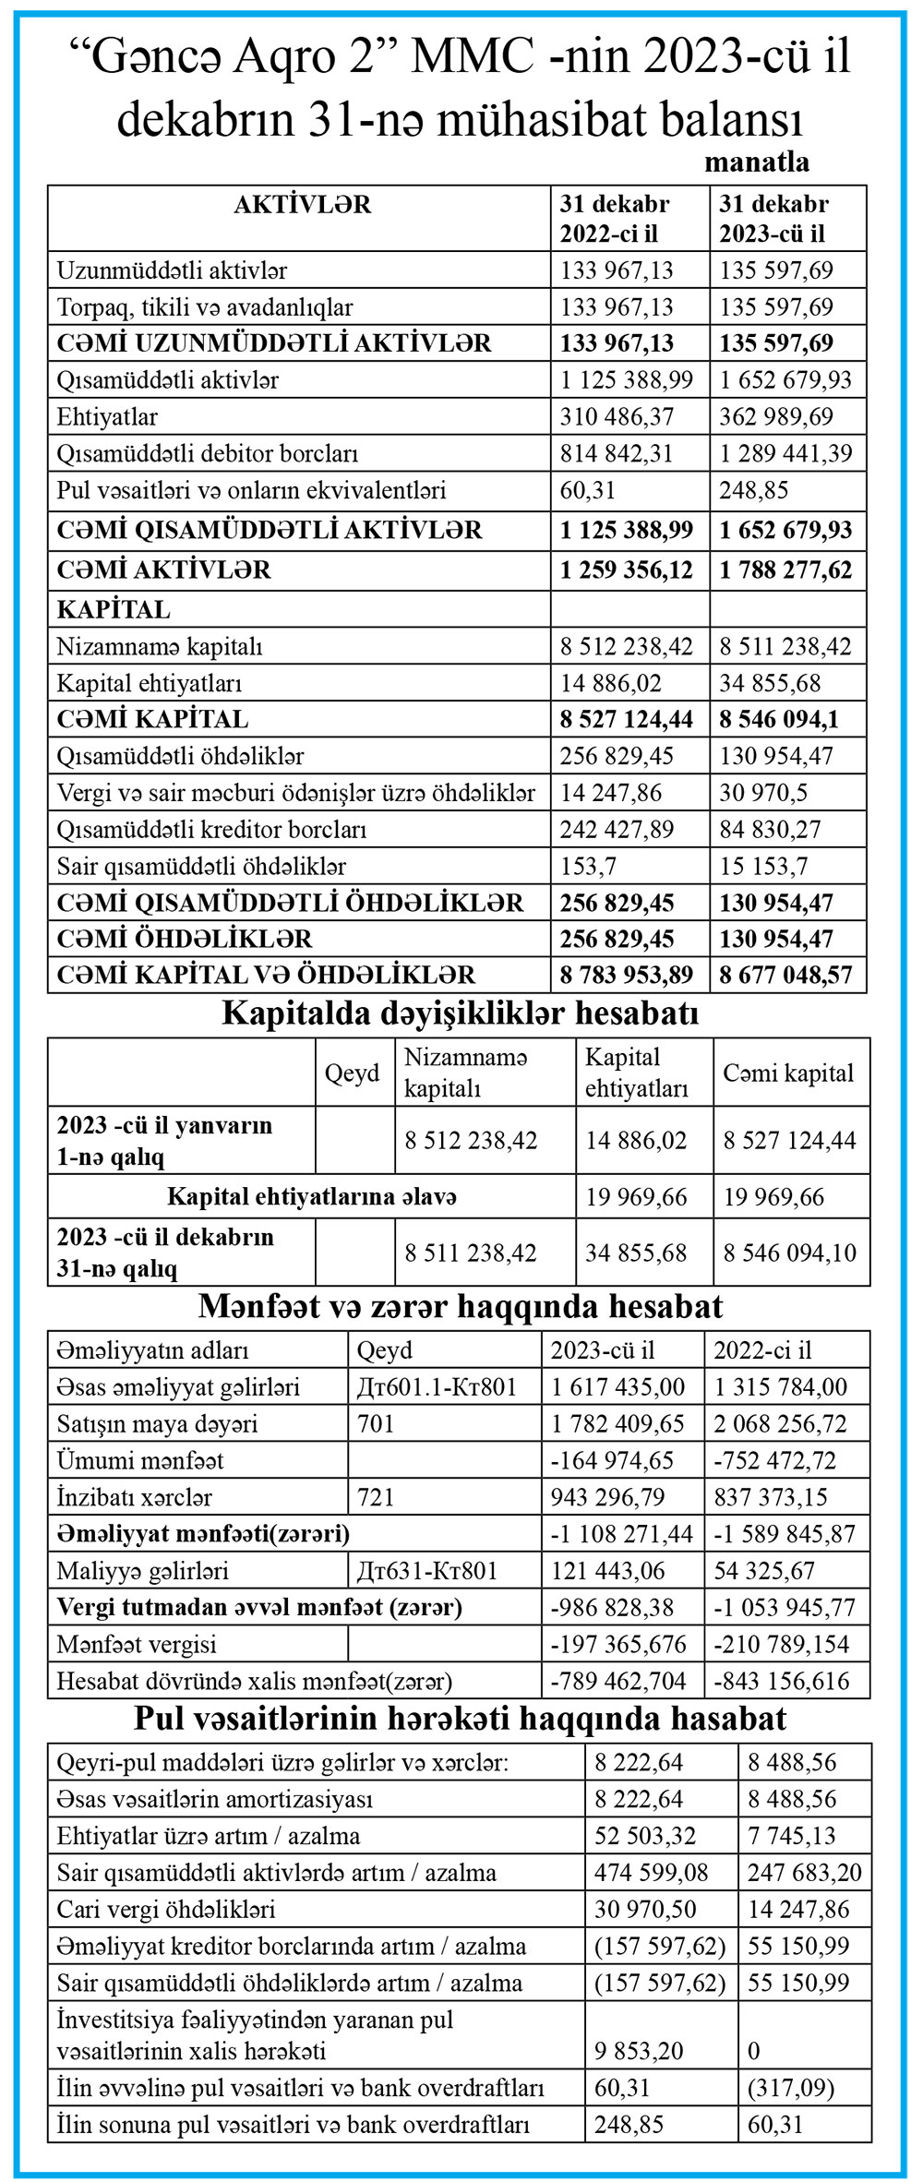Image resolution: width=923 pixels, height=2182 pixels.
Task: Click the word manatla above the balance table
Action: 757,162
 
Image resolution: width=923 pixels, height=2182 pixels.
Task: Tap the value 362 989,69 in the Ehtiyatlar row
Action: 776,416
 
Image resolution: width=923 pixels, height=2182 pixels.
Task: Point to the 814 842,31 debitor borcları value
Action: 617,453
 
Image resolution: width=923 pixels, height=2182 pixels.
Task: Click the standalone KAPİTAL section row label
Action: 114,609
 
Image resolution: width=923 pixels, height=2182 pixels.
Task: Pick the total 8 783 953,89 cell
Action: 627,975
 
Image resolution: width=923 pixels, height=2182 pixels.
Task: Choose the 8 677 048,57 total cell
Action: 786,975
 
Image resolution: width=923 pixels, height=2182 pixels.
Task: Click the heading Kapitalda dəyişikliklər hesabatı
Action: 460,1013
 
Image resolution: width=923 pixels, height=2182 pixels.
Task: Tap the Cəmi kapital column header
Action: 788,1073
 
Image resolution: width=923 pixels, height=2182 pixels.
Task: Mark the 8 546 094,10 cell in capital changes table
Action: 790,1253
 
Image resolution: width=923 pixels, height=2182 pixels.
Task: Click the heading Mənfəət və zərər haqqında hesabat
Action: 460,1306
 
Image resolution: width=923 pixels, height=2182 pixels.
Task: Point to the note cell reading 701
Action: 376,1423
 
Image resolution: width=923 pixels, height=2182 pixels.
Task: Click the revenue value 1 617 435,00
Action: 618,1386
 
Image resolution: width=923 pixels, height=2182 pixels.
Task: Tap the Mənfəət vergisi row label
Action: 137,1644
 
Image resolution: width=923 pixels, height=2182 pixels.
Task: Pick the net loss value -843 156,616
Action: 781,1681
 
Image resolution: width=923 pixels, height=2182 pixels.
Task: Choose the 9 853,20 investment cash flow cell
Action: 639,2051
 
